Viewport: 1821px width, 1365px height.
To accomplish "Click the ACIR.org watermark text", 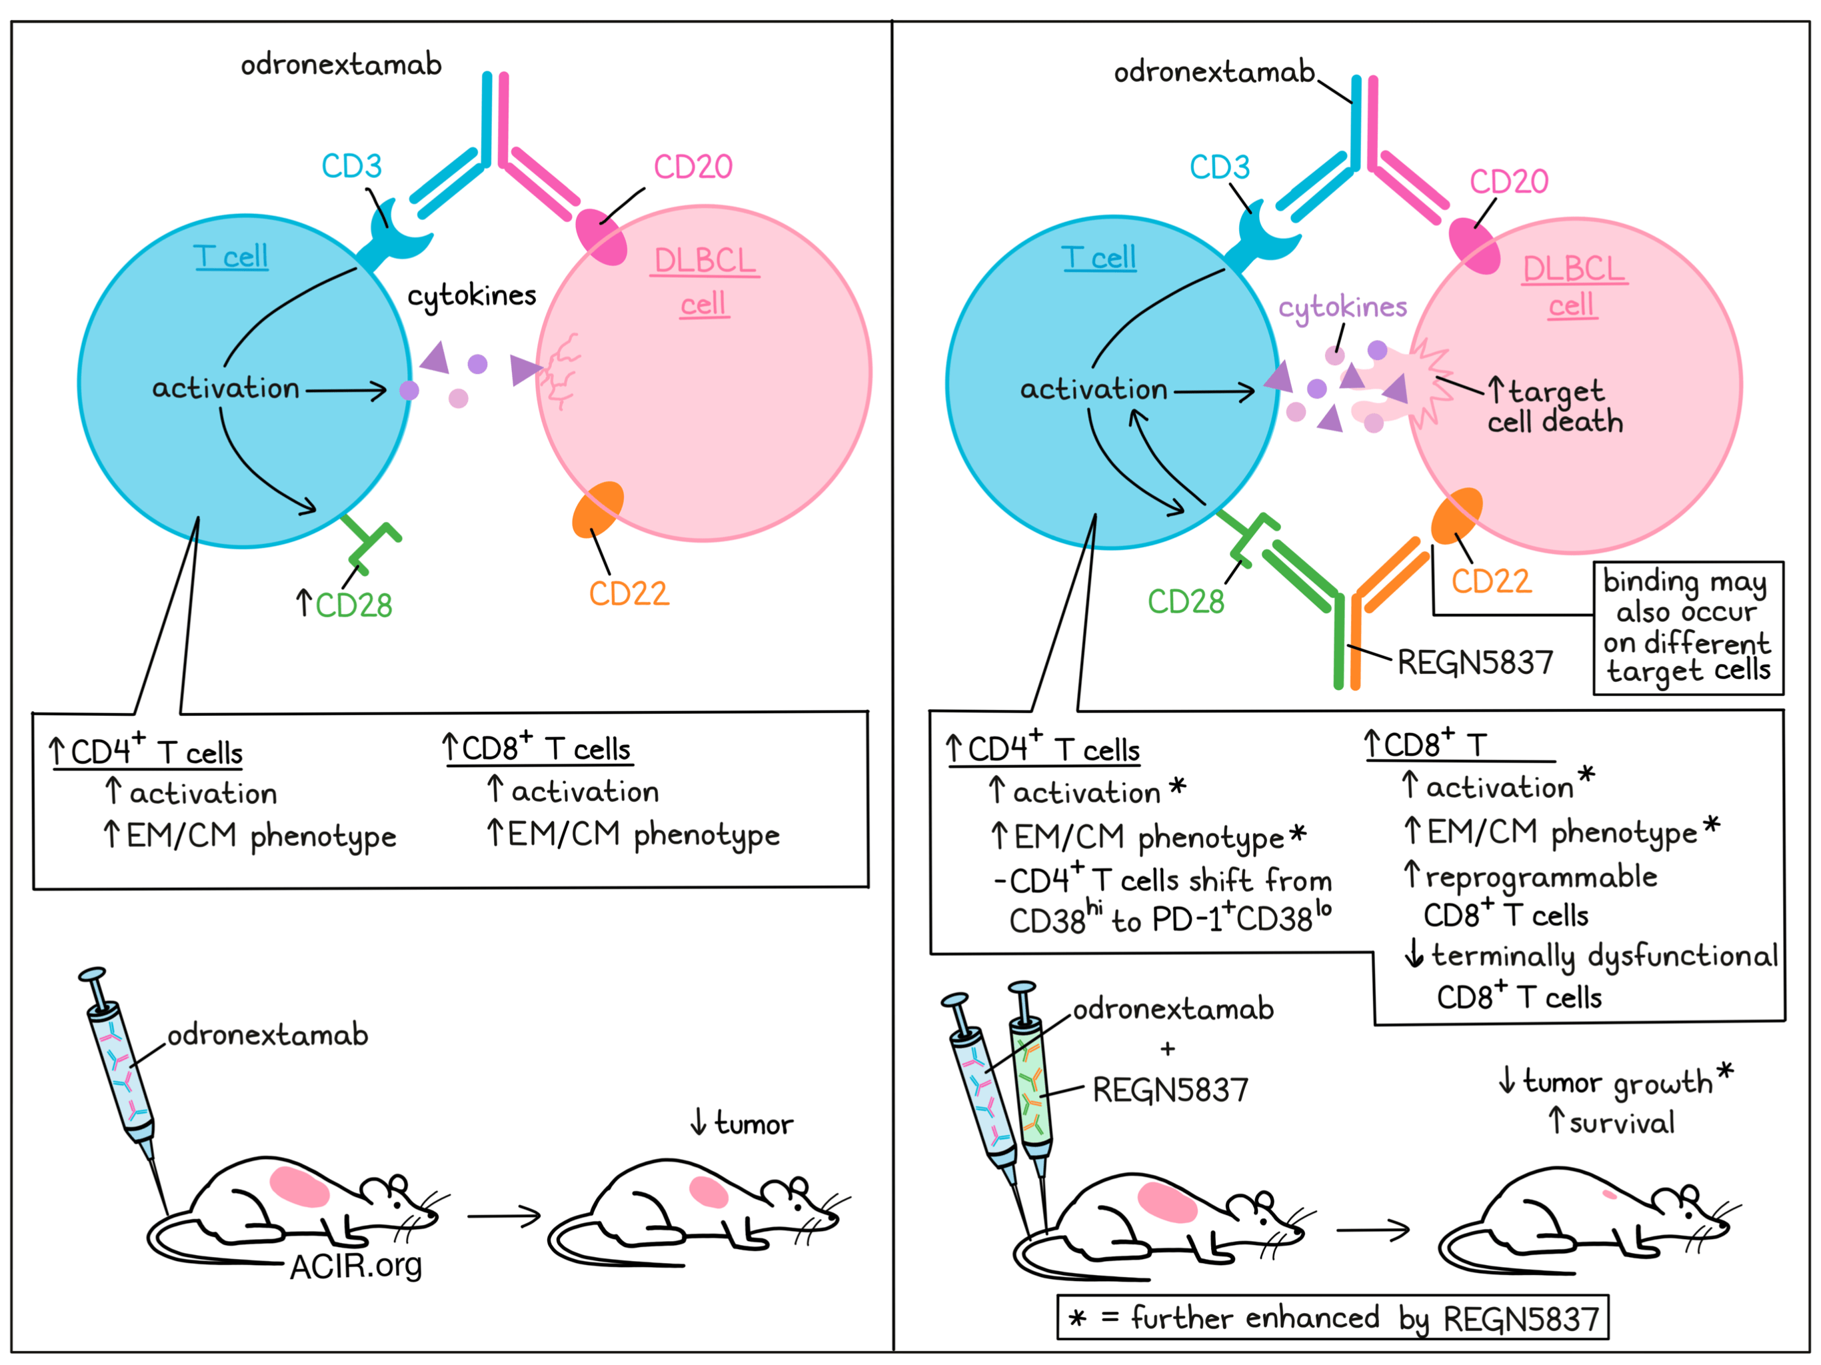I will pyautogui.click(x=356, y=1266).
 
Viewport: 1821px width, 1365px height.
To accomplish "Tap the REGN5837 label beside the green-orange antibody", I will pyautogui.click(x=1474, y=663).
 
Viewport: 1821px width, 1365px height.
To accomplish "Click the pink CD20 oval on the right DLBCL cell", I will pyautogui.click(x=1474, y=245).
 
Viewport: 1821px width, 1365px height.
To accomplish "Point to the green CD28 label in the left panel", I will pyautogui.click(x=353, y=605).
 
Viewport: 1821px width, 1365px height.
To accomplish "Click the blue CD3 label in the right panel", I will pyautogui.click(x=1219, y=167).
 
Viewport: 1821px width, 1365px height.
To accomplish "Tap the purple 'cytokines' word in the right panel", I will pyautogui.click(x=1342, y=307).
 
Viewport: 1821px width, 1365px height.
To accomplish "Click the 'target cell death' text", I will pyautogui.click(x=1554, y=407).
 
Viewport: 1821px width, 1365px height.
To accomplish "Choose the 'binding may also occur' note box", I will pyautogui.click(x=1688, y=627).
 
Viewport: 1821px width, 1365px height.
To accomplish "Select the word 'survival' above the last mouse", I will pyautogui.click(x=1621, y=1122).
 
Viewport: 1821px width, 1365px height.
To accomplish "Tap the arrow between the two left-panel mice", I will pyautogui.click(x=504, y=1215).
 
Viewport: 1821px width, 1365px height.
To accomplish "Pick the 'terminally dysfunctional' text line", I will pyautogui.click(x=1603, y=955).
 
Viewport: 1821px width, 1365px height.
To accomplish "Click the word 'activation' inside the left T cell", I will pyautogui.click(x=225, y=388).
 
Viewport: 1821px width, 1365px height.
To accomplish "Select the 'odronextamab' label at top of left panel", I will pyautogui.click(x=341, y=64).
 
